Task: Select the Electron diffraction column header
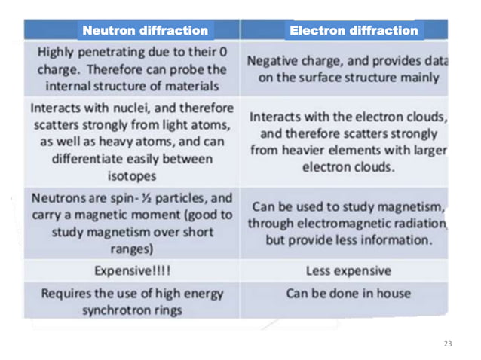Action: pyautogui.click(x=353, y=30)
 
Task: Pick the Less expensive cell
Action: pyautogui.click(x=348, y=270)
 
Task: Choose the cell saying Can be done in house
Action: pyautogui.click(x=348, y=292)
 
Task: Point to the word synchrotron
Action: pyautogui.click(x=118, y=310)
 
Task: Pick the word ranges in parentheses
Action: pyautogui.click(x=130, y=249)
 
